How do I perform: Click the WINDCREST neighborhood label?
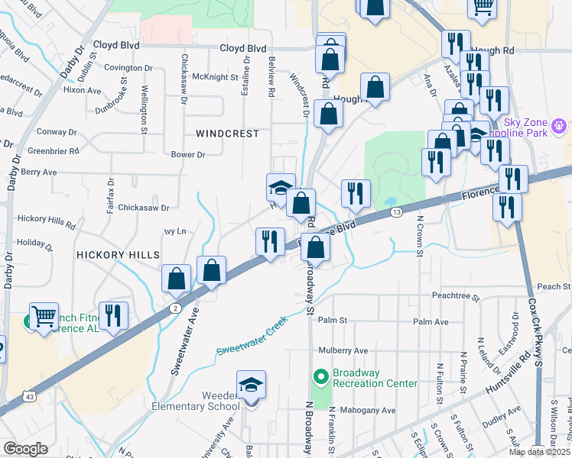(227, 134)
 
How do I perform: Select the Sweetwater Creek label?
(251, 336)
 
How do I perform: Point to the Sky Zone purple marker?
(559, 125)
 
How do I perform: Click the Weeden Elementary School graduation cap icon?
(251, 386)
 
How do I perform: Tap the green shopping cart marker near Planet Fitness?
(44, 317)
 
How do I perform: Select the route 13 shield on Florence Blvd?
(395, 211)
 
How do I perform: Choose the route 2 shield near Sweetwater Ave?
(175, 307)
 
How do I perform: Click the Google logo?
(25, 448)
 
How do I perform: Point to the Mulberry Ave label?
(343, 350)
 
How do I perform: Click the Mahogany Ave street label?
(369, 410)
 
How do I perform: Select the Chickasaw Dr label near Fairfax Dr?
(144, 207)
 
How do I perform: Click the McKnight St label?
(215, 77)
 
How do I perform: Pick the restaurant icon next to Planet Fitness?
(113, 317)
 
